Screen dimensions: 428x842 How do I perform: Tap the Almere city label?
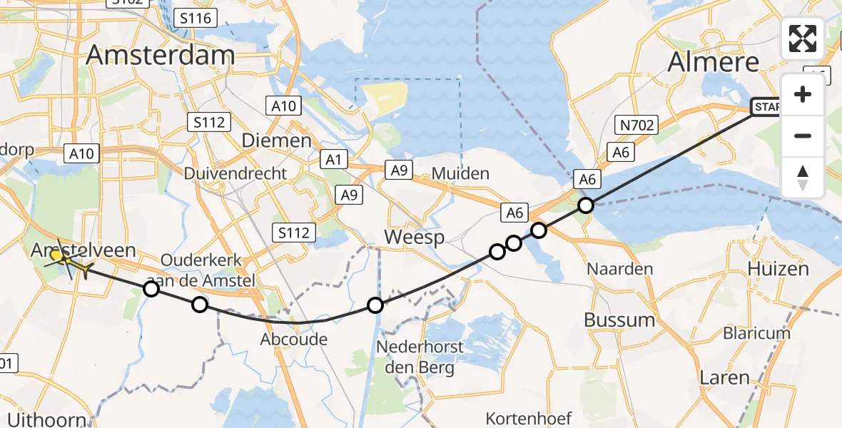click(714, 62)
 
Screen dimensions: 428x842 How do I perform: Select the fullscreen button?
click(803, 39)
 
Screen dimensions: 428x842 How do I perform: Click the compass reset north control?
click(803, 178)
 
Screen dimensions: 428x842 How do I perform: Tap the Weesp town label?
click(414, 237)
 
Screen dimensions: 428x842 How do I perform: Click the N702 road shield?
click(636, 126)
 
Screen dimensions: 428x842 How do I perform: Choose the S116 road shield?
click(196, 18)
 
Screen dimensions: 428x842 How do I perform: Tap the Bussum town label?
click(619, 320)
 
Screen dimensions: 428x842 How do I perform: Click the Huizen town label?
click(778, 269)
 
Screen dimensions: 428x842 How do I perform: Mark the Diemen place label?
click(277, 141)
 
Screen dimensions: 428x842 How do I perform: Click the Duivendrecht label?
click(235, 173)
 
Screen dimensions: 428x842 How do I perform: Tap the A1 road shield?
click(332, 158)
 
